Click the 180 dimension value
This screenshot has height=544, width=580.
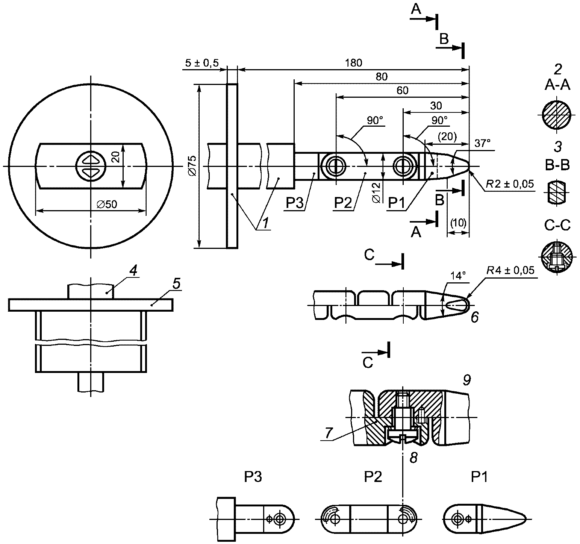pyautogui.click(x=353, y=63)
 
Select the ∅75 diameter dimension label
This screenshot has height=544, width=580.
pyautogui.click(x=192, y=166)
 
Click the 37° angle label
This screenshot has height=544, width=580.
pyautogui.click(x=482, y=143)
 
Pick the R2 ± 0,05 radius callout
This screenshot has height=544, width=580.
pyautogui.click(x=510, y=184)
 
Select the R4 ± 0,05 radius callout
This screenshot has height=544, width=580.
pyautogui.click(x=510, y=270)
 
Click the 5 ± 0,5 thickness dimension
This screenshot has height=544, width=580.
pyautogui.click(x=202, y=63)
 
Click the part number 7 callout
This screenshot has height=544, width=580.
pyautogui.click(x=328, y=433)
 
